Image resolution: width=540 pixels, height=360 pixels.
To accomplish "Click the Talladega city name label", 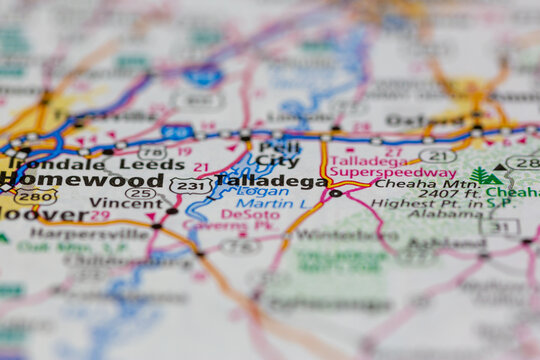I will (x=270, y=182).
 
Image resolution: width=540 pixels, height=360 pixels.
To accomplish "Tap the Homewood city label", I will (x=82, y=180).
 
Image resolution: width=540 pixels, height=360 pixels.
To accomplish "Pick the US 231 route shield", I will (x=190, y=185).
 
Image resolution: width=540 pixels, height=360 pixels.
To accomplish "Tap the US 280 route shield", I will (x=35, y=196).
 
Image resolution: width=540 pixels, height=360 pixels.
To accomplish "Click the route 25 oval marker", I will (x=140, y=193).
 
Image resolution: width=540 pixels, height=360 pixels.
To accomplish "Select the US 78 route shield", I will (x=152, y=151).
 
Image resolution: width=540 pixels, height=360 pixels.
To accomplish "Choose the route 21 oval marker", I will (x=437, y=156).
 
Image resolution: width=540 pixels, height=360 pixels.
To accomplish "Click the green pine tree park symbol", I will (x=484, y=177).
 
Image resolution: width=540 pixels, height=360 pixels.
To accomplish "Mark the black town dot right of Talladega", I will (x=336, y=193).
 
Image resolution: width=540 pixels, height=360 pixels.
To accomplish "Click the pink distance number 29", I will (x=100, y=215).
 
